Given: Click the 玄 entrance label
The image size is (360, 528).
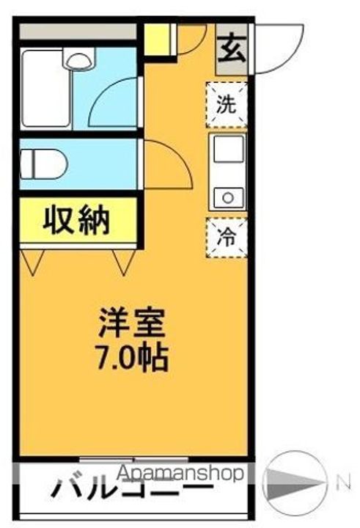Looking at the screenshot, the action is coord(232,50).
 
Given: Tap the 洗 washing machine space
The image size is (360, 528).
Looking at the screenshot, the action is coord(227,105).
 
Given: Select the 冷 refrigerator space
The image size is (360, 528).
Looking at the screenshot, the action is coord(227,238).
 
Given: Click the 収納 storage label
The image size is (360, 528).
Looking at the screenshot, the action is coord(77,221).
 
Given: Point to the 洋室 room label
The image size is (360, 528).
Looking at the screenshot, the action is coord(132,323).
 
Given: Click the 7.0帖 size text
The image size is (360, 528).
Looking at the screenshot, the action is coord(133,357).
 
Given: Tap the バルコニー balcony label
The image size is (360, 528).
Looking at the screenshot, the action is coord(132,491).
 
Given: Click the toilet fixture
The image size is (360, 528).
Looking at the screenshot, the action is coord(44,164).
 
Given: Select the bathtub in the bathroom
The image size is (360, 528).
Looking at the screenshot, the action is coord(46,89).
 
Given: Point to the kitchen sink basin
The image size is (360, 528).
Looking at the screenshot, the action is coord(229,148).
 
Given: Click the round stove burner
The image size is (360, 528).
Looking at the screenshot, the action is coord(228,198).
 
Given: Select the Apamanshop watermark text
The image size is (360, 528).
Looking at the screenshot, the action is coord(180,474).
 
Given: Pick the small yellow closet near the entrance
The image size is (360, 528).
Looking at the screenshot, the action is coord(157,39).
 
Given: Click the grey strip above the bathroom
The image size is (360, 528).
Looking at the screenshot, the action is coord(78,32).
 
